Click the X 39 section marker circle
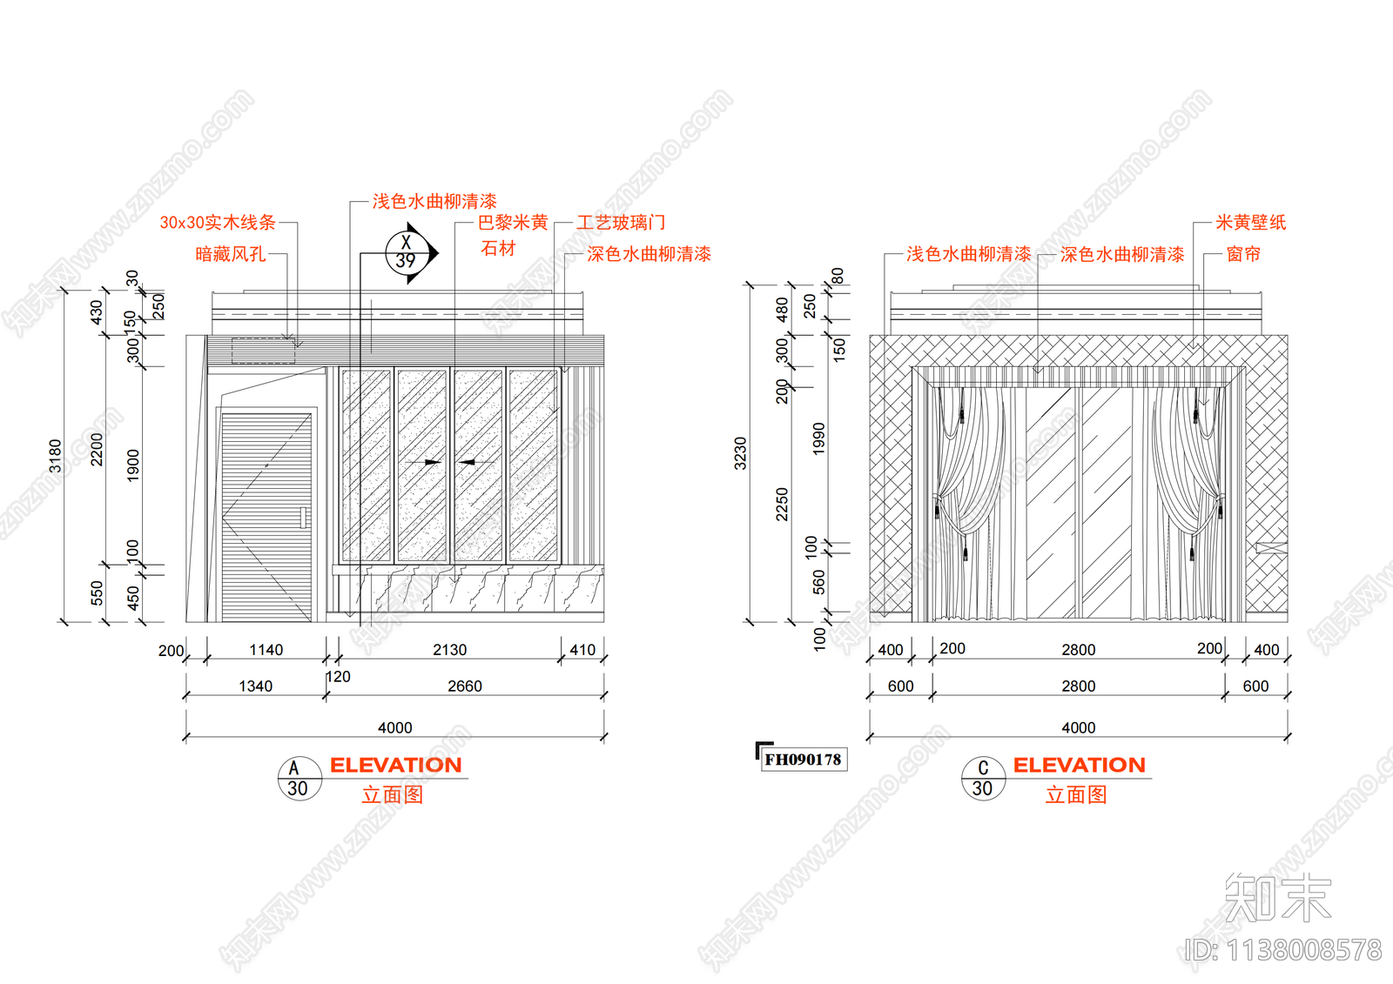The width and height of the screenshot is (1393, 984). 407,253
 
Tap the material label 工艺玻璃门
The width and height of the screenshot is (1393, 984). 621,223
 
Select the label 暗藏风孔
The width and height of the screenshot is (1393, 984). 231,254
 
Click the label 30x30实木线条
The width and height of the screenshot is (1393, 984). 218,223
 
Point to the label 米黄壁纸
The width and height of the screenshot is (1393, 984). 1250,223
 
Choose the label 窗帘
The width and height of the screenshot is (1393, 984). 1243,254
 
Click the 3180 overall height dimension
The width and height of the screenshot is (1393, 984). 56,456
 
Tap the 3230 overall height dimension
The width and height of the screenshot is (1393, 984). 740,453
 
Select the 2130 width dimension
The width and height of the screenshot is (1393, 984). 449,650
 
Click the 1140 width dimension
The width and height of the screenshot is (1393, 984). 266,650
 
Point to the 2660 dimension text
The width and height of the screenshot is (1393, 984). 465,686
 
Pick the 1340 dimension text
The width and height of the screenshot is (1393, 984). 256,686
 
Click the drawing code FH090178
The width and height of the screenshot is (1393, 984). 803,759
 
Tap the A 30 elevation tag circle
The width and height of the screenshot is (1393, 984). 299,779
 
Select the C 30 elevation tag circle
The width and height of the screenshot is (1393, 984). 983,779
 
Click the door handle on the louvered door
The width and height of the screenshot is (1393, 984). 304,518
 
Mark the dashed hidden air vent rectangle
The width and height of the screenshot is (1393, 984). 263,351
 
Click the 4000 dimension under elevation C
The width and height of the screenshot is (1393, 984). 1079,727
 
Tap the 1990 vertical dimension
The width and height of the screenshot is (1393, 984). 818,438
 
